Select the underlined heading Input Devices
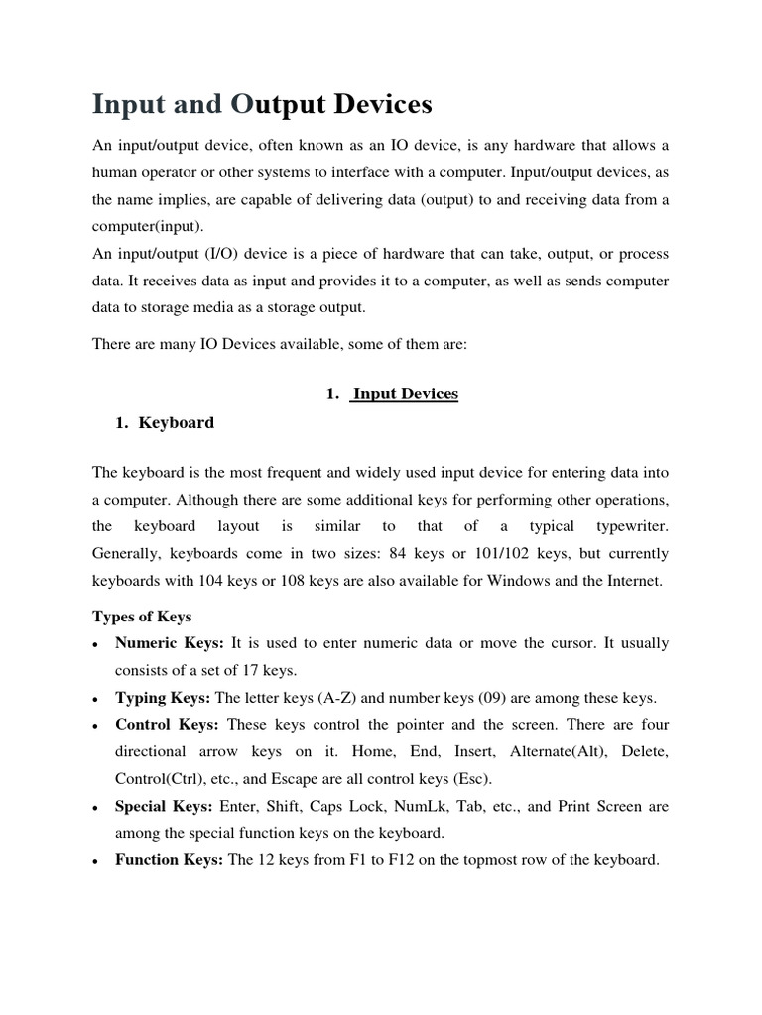405,394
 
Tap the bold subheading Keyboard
176,422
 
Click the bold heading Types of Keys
142,617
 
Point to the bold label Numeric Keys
170,643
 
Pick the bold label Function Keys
170,860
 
